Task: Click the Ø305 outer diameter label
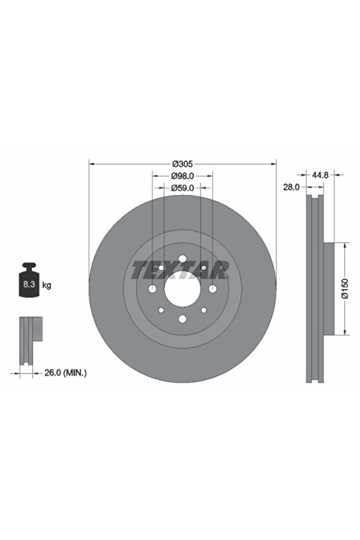[x=183, y=164]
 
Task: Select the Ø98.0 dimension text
[x=183, y=176]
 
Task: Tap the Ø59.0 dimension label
[x=183, y=188]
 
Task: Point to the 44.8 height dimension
[x=321, y=175]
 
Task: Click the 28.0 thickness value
[x=292, y=187]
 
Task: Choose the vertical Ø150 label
[x=345, y=289]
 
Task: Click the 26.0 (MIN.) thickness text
[x=66, y=372]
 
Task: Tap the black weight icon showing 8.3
[x=28, y=280]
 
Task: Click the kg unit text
[x=46, y=285]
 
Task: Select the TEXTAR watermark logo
[x=180, y=269]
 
